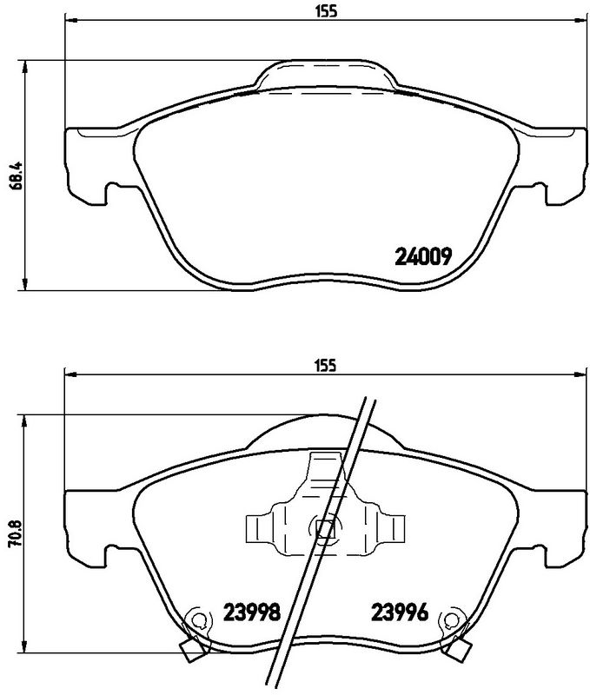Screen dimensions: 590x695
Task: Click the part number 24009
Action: [x=423, y=255]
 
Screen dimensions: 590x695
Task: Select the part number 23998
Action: [x=252, y=612]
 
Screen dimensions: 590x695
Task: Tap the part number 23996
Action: [x=400, y=612]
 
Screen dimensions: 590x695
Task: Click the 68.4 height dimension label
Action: [x=16, y=175]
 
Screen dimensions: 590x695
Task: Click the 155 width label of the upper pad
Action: [x=326, y=11]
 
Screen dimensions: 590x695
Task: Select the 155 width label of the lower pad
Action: [x=326, y=365]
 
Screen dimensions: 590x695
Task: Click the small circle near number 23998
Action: [x=199, y=619]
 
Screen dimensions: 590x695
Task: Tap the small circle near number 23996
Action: [x=451, y=619]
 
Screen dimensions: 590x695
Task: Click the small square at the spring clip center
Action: [x=325, y=528]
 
